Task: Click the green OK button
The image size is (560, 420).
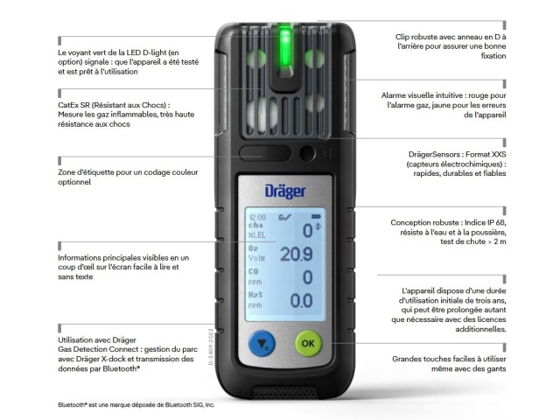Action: (x=308, y=343)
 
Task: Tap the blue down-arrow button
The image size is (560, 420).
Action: (x=262, y=343)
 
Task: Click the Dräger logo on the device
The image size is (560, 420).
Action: (x=285, y=192)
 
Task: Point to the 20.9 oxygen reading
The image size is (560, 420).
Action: (x=297, y=254)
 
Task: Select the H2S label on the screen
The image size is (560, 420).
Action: (x=255, y=295)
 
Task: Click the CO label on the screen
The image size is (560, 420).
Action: (x=253, y=271)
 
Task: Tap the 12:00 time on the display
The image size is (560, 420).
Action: (x=257, y=218)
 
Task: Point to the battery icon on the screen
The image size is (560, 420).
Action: (x=316, y=216)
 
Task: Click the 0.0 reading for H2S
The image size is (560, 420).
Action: (x=301, y=301)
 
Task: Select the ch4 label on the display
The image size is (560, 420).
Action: (x=255, y=226)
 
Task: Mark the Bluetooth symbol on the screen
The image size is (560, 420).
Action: (x=318, y=227)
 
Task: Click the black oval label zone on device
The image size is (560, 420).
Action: (x=265, y=153)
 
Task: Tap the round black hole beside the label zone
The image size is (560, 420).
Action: (x=307, y=153)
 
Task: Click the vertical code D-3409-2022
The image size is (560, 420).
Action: (x=211, y=346)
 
